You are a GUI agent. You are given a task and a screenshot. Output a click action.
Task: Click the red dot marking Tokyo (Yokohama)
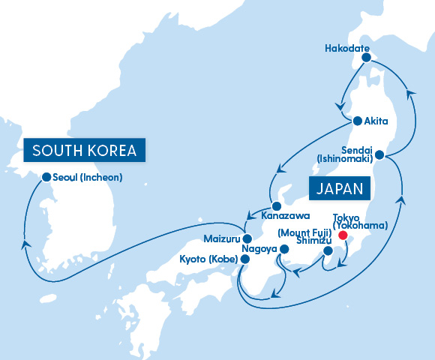(343, 235)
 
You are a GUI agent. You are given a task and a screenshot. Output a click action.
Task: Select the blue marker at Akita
(358, 119)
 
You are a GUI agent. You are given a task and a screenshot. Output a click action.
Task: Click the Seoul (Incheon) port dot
(46, 178)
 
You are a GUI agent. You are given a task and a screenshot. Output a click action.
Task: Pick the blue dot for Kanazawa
(277, 205)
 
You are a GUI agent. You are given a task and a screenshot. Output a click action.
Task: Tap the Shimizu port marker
(327, 252)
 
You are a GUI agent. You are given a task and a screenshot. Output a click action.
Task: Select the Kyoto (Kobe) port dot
(244, 259)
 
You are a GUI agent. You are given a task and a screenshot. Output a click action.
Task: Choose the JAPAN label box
(338, 187)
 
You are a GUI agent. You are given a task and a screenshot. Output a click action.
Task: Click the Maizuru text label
(221, 239)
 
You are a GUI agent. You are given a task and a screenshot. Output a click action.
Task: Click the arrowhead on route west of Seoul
(26, 243)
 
